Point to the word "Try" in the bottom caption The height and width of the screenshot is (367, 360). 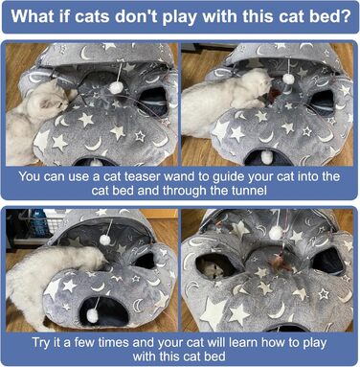(x=41, y=343)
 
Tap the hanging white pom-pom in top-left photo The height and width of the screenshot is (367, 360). (x=114, y=87)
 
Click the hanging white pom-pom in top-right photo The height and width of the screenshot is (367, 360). (x=288, y=79)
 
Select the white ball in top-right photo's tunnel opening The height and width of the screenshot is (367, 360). (x=267, y=157)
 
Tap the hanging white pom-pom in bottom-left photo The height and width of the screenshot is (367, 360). (x=105, y=240)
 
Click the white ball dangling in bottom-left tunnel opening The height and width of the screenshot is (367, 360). (x=94, y=315)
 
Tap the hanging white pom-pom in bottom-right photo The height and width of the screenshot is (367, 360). (x=276, y=234)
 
